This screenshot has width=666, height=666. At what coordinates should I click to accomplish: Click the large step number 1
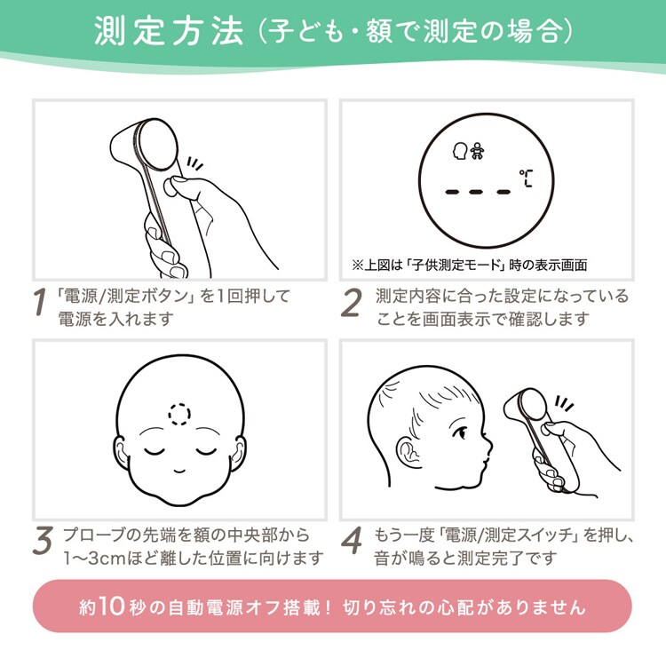(39, 302)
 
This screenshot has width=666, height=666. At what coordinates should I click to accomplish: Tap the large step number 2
(352, 302)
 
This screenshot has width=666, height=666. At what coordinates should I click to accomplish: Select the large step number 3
(43, 541)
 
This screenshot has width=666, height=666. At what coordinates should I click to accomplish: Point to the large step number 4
(352, 540)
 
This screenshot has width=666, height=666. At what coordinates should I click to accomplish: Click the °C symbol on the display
(526, 178)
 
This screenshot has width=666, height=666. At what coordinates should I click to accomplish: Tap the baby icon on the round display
(477, 151)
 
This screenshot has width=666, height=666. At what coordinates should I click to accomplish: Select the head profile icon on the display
(460, 151)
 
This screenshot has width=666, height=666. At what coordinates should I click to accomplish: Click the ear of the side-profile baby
(408, 452)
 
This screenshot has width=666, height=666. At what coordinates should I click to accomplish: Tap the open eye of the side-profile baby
(460, 432)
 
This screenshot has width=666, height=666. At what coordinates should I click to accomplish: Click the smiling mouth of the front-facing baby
(179, 471)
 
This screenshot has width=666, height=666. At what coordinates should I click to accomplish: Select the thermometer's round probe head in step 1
(155, 145)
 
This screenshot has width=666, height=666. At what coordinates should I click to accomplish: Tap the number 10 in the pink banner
(112, 606)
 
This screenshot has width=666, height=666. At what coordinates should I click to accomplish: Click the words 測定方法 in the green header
(169, 31)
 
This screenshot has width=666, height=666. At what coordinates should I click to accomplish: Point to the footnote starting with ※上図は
(469, 265)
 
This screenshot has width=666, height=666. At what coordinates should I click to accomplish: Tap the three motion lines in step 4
(564, 403)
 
